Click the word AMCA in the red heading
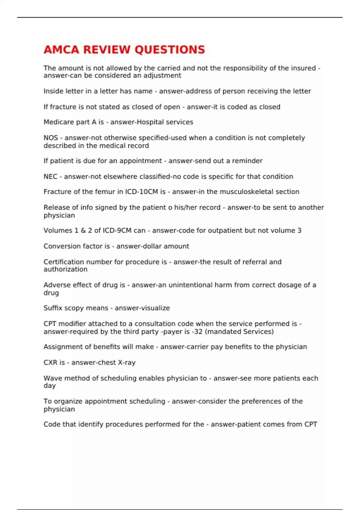(x=61, y=49)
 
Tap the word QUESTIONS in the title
(x=170, y=49)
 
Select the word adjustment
(x=162, y=76)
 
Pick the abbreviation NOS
(x=51, y=138)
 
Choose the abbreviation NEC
(x=50, y=176)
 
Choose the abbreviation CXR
(x=50, y=362)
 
